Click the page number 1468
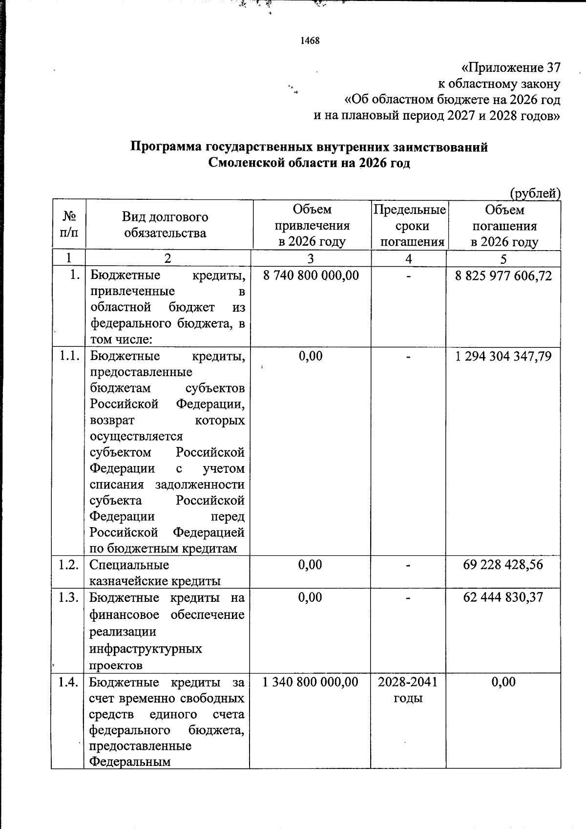click(x=310, y=41)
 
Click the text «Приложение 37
click(x=511, y=67)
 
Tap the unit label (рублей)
click(x=535, y=193)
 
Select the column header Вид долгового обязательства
click(x=165, y=225)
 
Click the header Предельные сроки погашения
click(x=410, y=226)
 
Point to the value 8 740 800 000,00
click(x=311, y=276)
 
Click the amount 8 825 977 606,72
click(x=503, y=276)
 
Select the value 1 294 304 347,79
click(x=503, y=356)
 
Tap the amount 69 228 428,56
click(x=503, y=565)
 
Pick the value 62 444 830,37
click(x=503, y=597)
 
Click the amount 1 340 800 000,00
click(x=310, y=682)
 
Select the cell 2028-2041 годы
click(x=408, y=689)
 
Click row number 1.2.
click(x=69, y=565)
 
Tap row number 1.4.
click(x=69, y=682)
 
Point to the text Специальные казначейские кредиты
click(x=154, y=573)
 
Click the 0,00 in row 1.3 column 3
click(x=310, y=597)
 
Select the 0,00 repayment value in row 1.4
click(x=503, y=682)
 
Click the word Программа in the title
click(x=166, y=147)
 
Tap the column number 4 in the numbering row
click(x=409, y=258)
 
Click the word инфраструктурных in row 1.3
click(x=146, y=649)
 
